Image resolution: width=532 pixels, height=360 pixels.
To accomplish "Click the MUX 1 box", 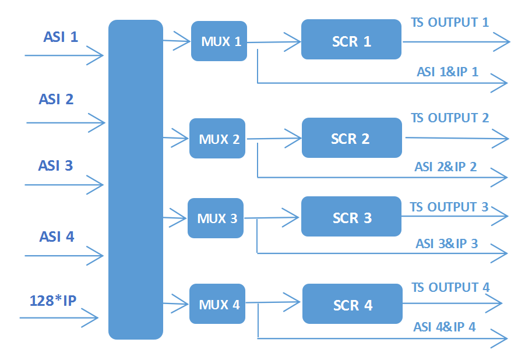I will click(x=219, y=41).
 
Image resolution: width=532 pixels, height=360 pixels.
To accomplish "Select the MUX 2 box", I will click(x=217, y=139).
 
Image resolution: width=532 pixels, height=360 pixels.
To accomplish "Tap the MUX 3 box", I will click(x=216, y=218).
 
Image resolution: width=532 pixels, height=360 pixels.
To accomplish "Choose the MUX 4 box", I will click(x=217, y=304).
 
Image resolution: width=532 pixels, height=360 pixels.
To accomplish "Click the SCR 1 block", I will click(x=351, y=40).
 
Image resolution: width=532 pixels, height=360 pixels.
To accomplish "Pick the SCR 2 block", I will click(x=352, y=138).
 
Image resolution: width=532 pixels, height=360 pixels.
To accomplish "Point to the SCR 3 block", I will click(x=351, y=217).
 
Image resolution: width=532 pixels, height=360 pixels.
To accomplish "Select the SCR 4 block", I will click(x=353, y=304).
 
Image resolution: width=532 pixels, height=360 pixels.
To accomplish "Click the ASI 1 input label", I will click(x=61, y=37).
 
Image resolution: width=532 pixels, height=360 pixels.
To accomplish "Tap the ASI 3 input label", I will click(x=56, y=165).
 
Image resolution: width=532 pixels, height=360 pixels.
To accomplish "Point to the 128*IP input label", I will click(x=53, y=301).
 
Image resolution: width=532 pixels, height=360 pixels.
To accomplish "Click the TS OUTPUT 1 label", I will click(x=450, y=23).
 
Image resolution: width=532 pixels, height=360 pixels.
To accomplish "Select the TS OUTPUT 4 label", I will click(x=450, y=287).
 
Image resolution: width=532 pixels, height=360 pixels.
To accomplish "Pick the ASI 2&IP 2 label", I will click(x=446, y=167).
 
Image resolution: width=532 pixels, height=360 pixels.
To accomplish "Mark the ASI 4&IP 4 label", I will click(x=445, y=327).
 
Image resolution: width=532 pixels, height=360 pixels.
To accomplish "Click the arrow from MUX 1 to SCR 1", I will click(x=274, y=41).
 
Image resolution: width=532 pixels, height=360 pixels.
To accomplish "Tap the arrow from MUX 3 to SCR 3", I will click(x=272, y=218).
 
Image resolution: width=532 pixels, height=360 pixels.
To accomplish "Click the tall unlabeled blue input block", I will click(x=136, y=179).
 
